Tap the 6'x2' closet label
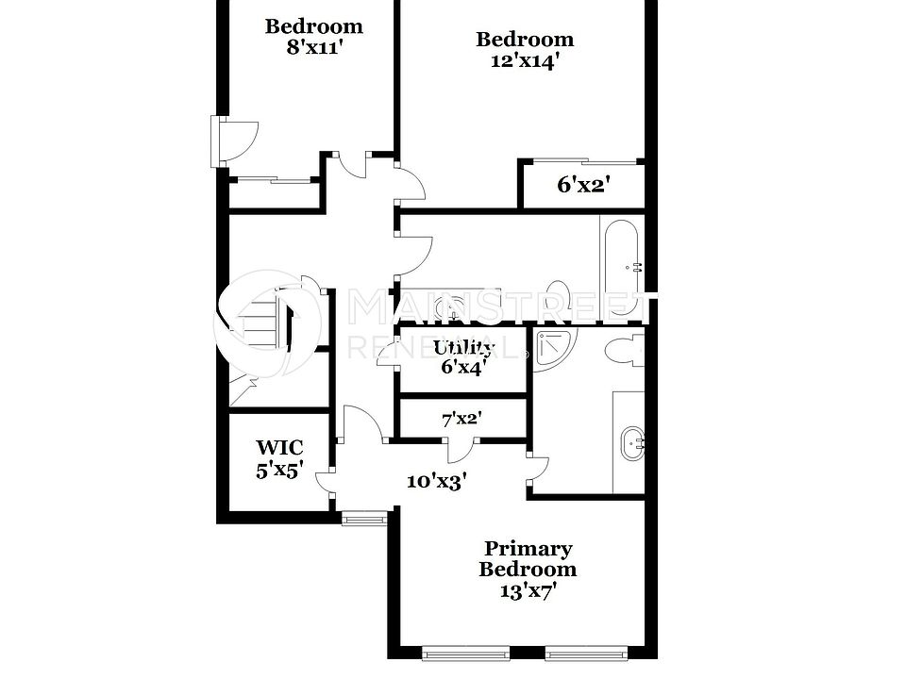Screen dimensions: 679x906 coord(583,185)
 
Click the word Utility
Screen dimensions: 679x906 coord(462,348)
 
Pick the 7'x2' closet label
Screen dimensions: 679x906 coord(461,419)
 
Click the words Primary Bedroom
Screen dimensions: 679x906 coord(528,558)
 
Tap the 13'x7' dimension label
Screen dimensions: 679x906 coord(528,591)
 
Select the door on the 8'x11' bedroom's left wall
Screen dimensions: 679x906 coord(234,140)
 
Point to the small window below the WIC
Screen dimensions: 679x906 coord(365,516)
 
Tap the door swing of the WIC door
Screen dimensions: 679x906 coord(326,481)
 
